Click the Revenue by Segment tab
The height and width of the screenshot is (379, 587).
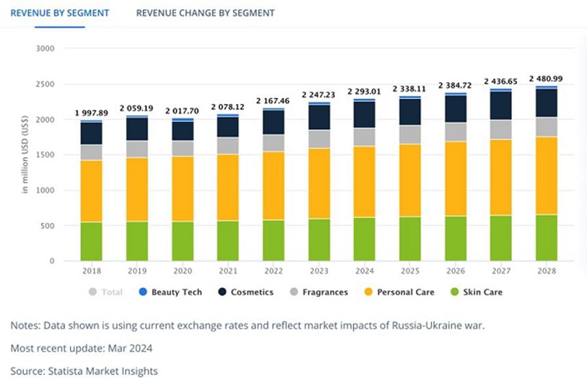(x=60, y=13)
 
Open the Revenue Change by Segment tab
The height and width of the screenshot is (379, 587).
(x=205, y=13)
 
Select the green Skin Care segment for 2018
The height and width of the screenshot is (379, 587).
(x=92, y=241)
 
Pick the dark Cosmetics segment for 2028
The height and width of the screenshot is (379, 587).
(x=547, y=103)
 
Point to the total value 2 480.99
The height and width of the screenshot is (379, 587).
(x=547, y=78)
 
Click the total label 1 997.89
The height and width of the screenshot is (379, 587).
(x=92, y=113)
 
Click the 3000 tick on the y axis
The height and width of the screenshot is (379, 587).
(x=45, y=49)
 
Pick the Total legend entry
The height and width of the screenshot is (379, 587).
(x=106, y=292)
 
